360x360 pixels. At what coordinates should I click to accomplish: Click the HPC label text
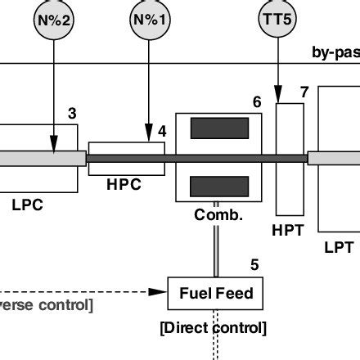tap(124, 185)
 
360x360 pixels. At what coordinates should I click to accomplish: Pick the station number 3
tap(73, 114)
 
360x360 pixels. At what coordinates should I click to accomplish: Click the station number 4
tap(162, 129)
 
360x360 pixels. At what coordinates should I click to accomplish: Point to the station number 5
tap(254, 264)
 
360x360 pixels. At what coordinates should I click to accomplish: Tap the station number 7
tap(304, 92)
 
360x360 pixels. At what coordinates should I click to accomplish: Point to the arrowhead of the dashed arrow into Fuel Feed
tap(161, 291)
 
